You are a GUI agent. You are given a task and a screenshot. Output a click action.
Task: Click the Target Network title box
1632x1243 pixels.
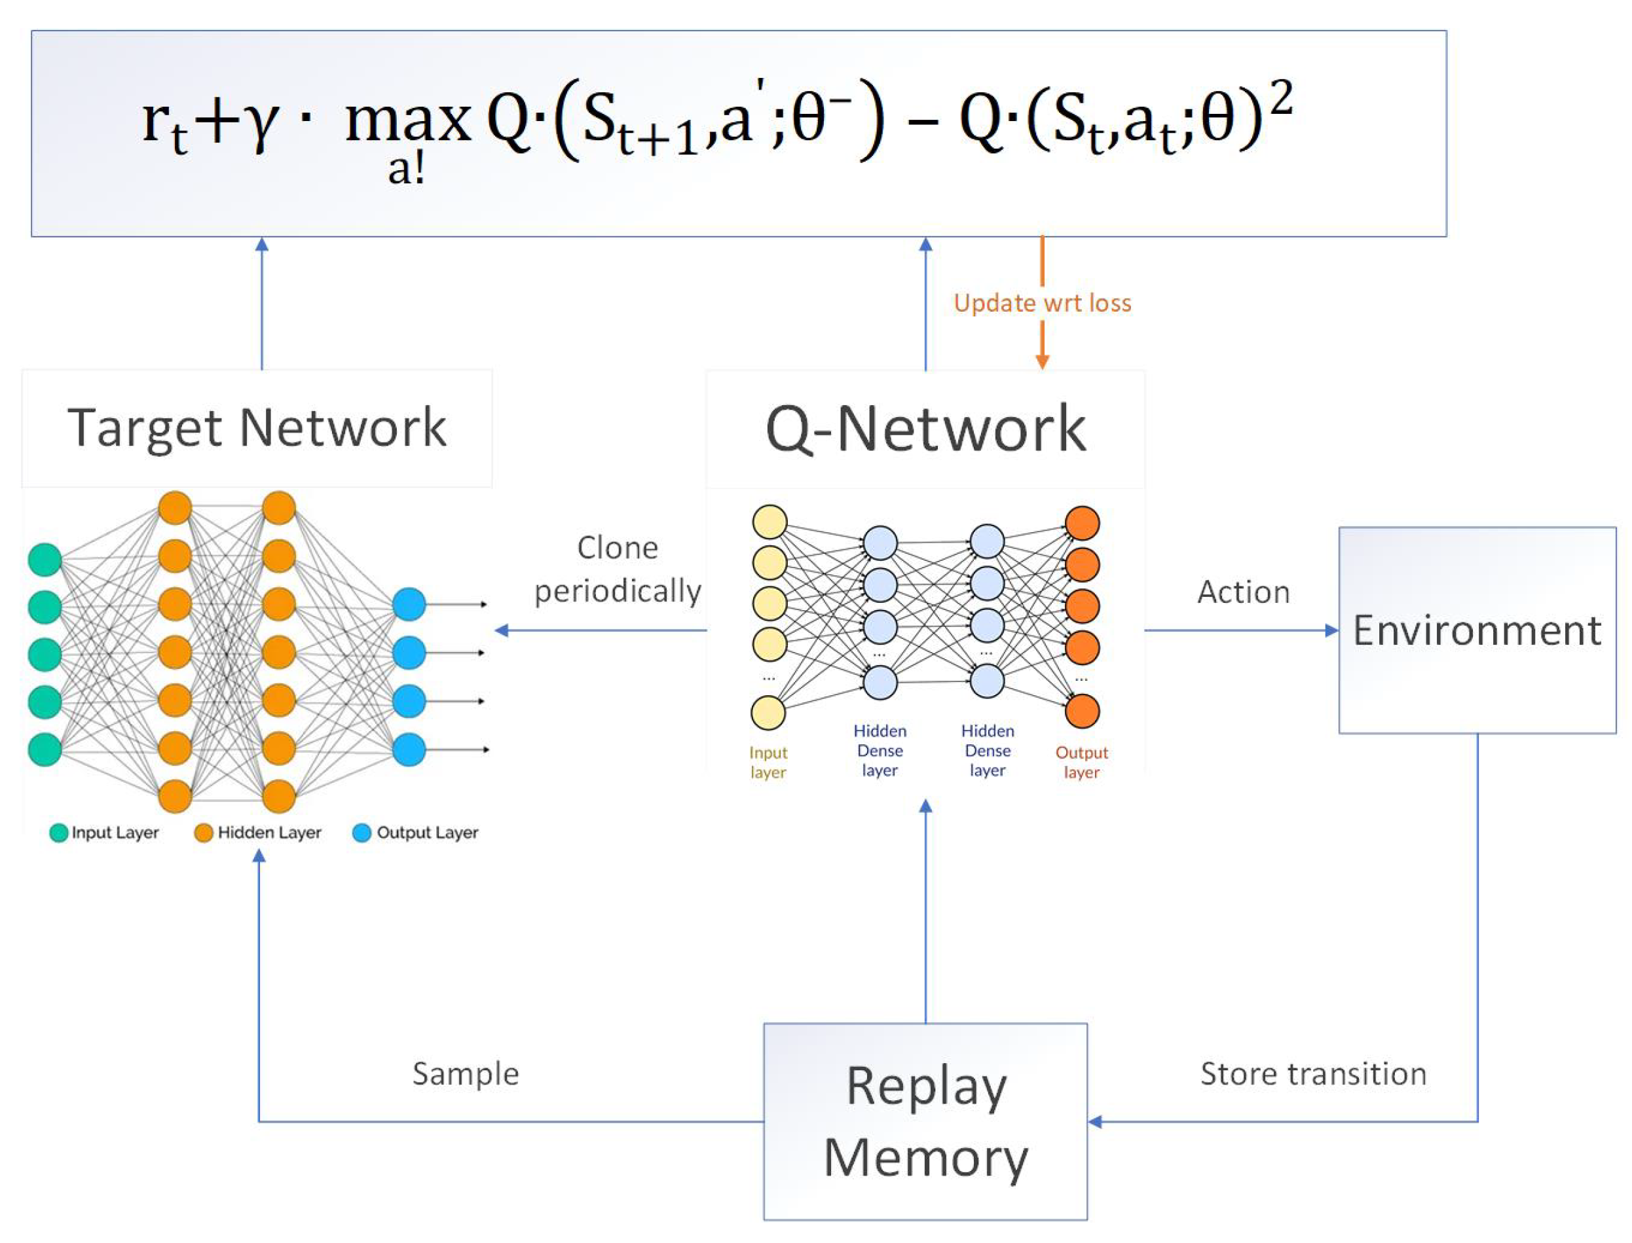pos(257,427)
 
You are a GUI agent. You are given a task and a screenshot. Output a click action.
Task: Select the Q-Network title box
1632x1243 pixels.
pos(925,429)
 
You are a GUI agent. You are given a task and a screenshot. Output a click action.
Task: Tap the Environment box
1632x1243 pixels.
pos(1476,630)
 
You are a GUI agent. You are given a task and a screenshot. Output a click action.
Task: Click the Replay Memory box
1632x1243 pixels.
pos(925,1121)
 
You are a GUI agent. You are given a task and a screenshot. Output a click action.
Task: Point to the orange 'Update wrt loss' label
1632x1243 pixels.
pos(1041,302)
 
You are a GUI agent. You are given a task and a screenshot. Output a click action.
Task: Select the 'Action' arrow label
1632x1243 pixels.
pos(1243,592)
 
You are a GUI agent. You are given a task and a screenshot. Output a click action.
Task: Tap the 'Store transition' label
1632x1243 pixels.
pos(1312,1073)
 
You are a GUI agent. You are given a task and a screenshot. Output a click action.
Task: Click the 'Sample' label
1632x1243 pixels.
pos(465,1073)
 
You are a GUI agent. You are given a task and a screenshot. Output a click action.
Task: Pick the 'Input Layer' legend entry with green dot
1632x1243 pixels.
pos(104,833)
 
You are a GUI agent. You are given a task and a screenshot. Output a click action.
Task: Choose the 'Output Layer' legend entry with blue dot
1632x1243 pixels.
pos(416,833)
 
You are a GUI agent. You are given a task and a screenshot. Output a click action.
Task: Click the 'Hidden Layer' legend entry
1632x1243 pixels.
pos(258,833)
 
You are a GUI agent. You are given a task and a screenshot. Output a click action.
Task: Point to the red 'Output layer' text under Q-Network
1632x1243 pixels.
pos(1081,762)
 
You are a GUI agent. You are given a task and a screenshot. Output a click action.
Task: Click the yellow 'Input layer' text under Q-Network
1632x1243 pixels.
pos(768,762)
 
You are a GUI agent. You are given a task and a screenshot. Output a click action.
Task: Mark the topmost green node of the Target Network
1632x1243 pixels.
pos(45,560)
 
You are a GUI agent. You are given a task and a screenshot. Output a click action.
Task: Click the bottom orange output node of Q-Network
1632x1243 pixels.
pos(1081,711)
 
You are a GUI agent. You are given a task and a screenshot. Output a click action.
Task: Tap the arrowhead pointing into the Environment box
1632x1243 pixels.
pos(1331,630)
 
